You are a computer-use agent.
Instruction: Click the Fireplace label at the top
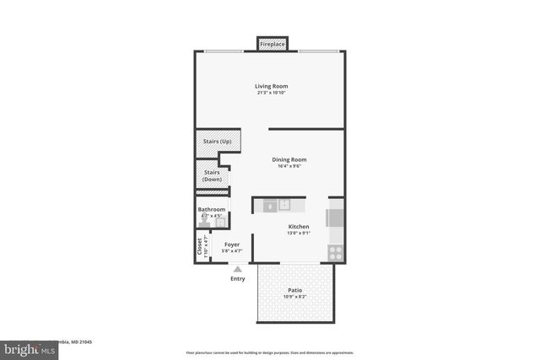(272, 43)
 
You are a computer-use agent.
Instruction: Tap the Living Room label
(272, 86)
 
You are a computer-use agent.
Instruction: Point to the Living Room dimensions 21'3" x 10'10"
(272, 93)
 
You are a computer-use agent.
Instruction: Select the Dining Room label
(289, 159)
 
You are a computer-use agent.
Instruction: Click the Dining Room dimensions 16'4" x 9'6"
(289, 166)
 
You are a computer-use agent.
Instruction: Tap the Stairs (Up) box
(218, 141)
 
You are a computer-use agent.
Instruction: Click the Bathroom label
(212, 209)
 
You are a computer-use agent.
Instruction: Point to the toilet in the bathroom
(203, 224)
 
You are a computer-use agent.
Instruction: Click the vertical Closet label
(200, 246)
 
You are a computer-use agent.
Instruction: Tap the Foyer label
(231, 244)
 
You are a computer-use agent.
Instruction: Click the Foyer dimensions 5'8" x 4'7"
(231, 251)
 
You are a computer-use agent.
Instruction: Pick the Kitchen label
(299, 226)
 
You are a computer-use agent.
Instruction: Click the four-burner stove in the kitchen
(336, 250)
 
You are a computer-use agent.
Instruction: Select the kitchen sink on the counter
(285, 204)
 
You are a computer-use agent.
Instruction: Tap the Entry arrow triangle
(237, 269)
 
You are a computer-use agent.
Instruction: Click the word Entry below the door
(237, 279)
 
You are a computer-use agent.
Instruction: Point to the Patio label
(295, 290)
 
